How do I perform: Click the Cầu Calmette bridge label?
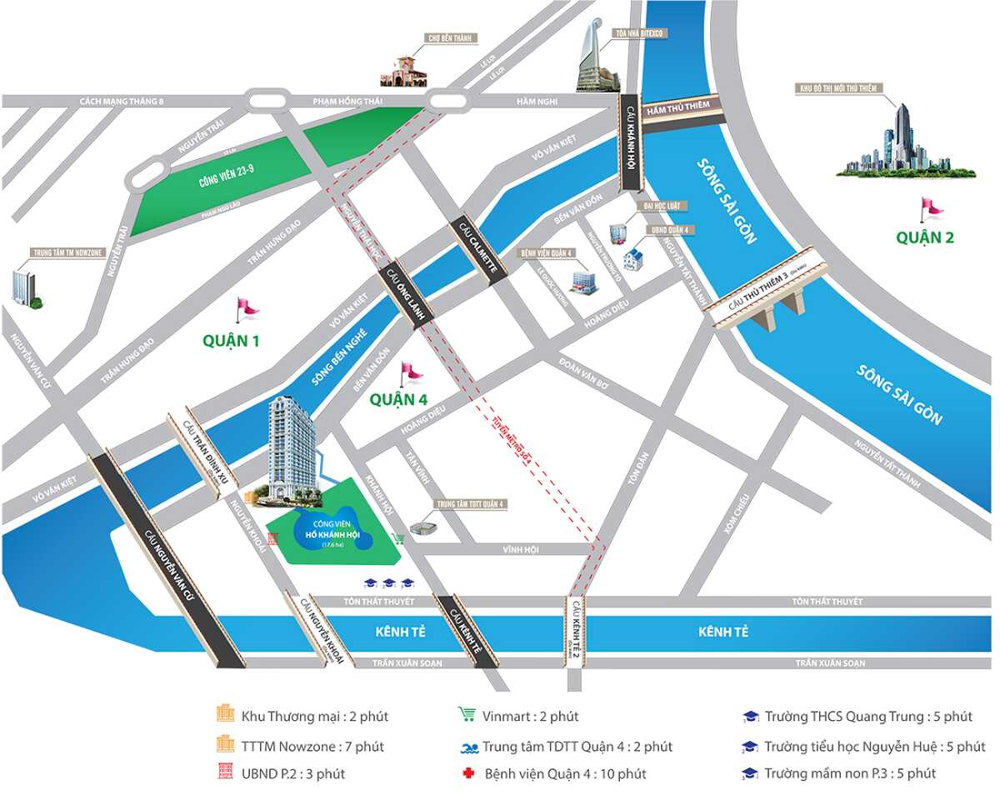click(x=478, y=250)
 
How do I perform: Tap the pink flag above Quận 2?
click(x=927, y=207)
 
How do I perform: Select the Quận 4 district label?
click(x=399, y=400)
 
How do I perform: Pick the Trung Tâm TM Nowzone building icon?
click(x=23, y=288)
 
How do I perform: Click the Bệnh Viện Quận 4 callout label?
click(x=546, y=252)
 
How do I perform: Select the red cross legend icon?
click(x=467, y=774)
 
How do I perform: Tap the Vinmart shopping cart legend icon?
click(x=467, y=716)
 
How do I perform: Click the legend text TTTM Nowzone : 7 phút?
click(x=312, y=747)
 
